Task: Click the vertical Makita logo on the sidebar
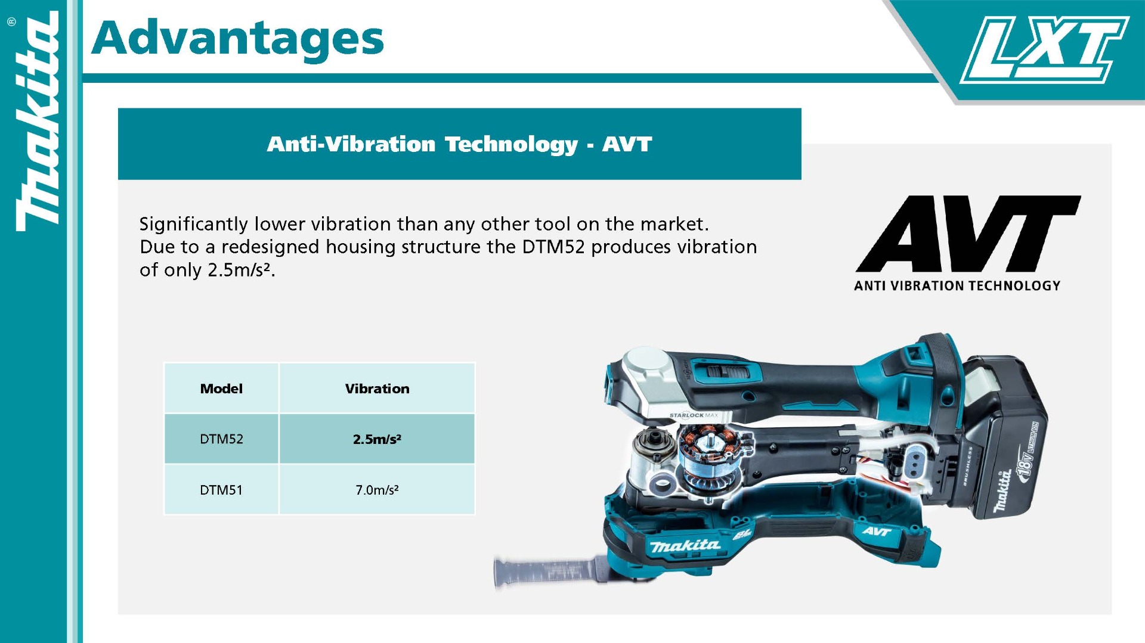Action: pyautogui.click(x=38, y=122)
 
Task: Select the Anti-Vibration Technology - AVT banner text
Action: pyautogui.click(x=459, y=144)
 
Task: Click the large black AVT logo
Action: pyautogui.click(x=967, y=234)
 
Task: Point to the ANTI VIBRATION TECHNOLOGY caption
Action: pyautogui.click(x=957, y=286)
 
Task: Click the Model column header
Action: pyautogui.click(x=221, y=389)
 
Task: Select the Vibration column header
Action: pyautogui.click(x=377, y=389)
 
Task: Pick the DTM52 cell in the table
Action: pyautogui.click(x=221, y=439)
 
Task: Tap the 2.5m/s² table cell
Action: pyautogui.click(x=377, y=439)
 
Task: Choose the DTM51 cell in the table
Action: pyautogui.click(x=221, y=490)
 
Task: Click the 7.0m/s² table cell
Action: pyautogui.click(x=377, y=490)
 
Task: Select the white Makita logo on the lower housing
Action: pyautogui.click(x=685, y=545)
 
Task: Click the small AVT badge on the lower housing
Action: pyautogui.click(x=876, y=531)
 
